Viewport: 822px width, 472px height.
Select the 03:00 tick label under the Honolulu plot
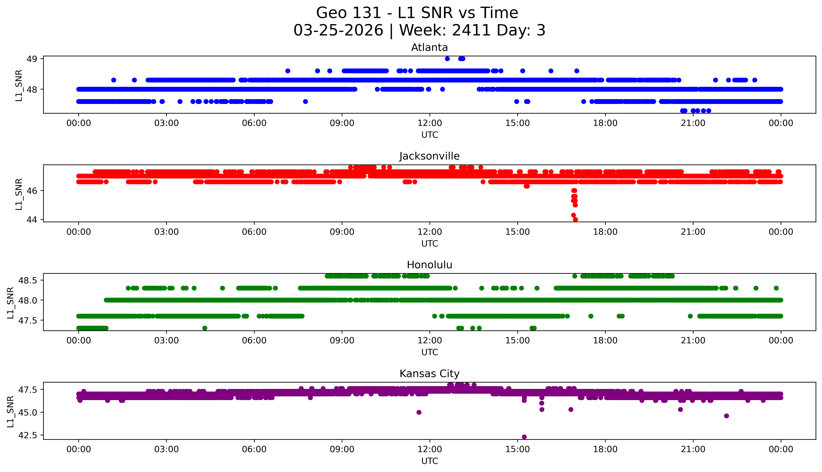point(166,340)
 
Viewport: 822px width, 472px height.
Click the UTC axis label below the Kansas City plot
point(430,461)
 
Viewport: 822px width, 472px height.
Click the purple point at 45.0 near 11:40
point(419,412)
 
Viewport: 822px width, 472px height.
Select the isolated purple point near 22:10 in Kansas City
point(726,416)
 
